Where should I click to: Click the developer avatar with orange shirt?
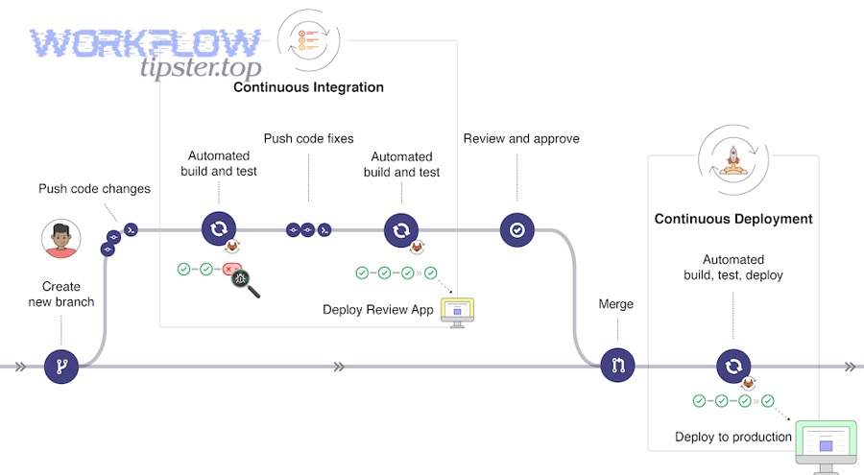(x=60, y=239)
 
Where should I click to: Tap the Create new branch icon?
(x=60, y=366)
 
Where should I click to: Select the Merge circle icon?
(x=617, y=366)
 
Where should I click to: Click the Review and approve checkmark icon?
(x=516, y=230)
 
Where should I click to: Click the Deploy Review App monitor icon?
(x=457, y=311)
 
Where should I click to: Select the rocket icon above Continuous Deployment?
(x=733, y=156)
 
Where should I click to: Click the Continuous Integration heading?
(x=308, y=87)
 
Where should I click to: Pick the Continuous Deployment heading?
(x=733, y=219)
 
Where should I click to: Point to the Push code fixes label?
(x=308, y=138)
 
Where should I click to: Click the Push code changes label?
(x=94, y=189)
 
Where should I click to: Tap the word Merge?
(x=616, y=304)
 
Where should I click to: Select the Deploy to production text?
(x=732, y=437)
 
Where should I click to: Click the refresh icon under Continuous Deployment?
(x=733, y=366)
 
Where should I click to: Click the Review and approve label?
(x=521, y=138)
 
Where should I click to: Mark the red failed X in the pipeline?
(x=228, y=271)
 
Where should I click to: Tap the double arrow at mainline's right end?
(x=849, y=366)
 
